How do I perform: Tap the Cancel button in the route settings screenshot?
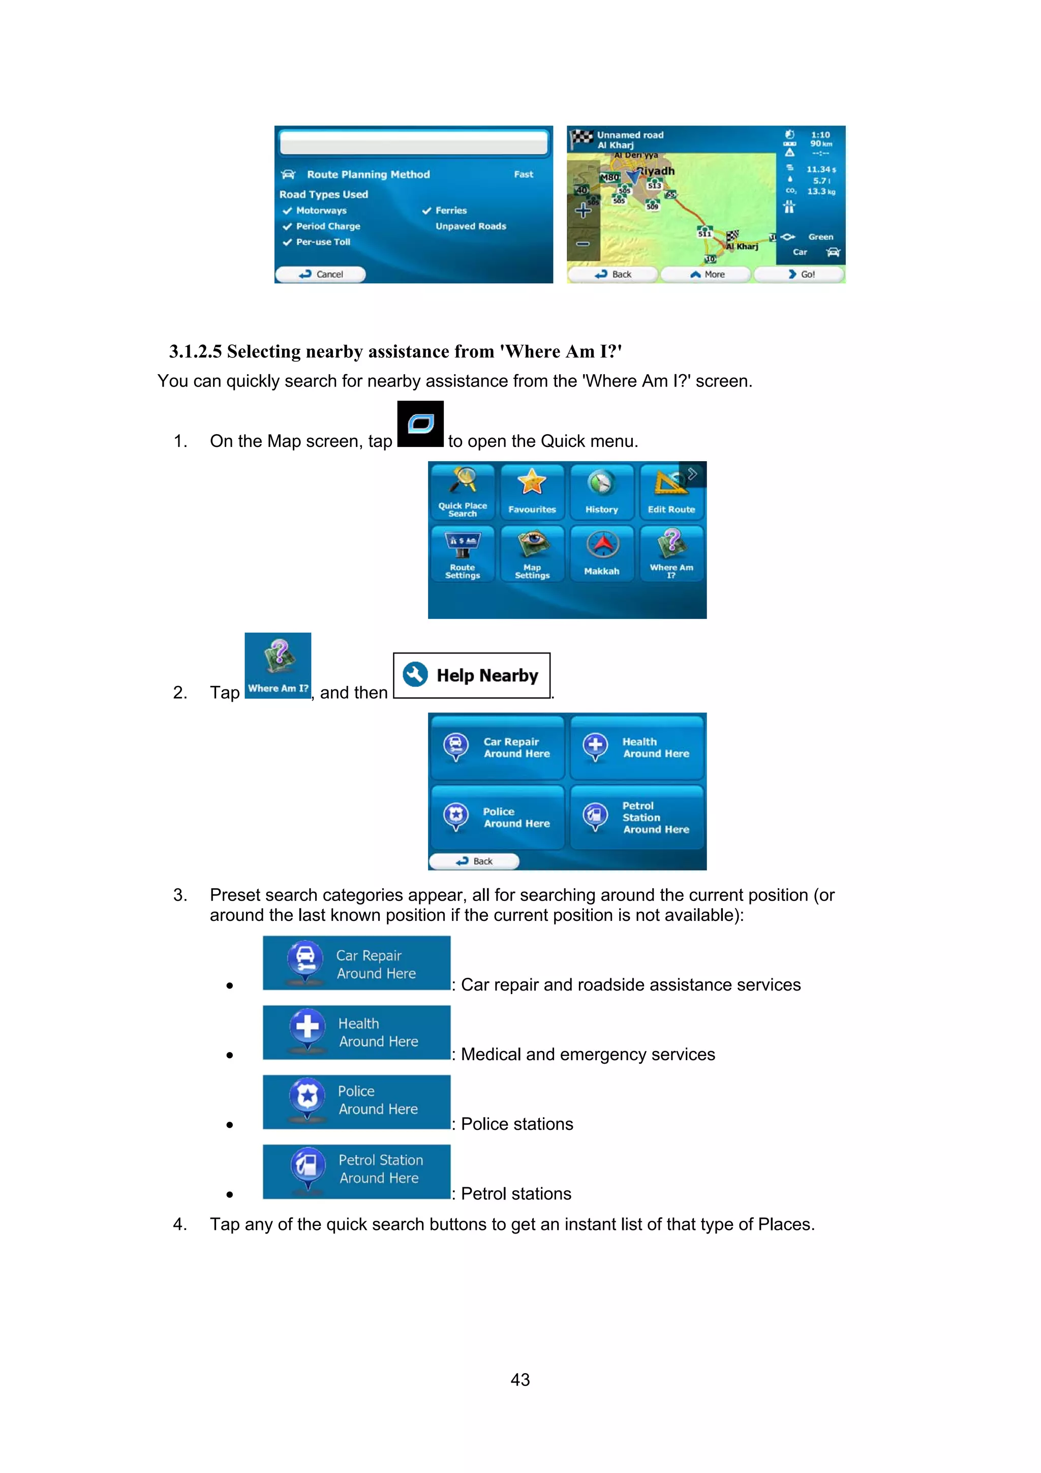[x=321, y=274]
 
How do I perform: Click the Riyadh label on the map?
[x=656, y=171]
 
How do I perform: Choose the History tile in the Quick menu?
[x=601, y=490]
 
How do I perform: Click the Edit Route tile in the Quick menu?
[x=671, y=490]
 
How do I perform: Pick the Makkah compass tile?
[x=601, y=552]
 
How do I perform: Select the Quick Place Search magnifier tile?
[x=463, y=490]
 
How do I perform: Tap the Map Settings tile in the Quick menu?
[x=532, y=552]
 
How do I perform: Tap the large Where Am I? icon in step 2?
[x=278, y=665]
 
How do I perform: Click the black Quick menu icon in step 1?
[x=420, y=424]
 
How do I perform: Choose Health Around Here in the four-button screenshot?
[x=637, y=747]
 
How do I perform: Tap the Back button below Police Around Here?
[x=474, y=861]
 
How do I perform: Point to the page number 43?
[x=520, y=1379]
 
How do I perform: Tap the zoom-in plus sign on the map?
[x=583, y=211]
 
